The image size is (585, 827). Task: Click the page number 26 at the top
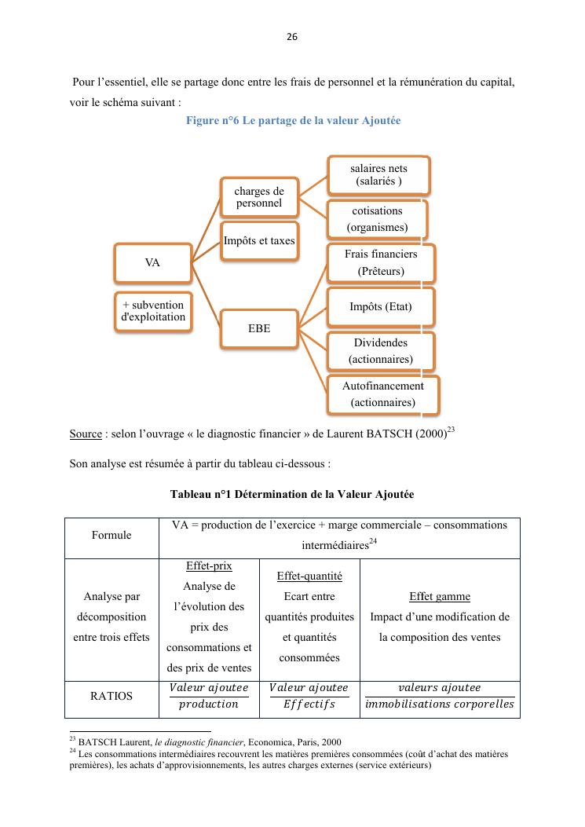[x=292, y=36]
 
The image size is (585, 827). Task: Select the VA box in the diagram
[x=152, y=263]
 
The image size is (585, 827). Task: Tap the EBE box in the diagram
[x=259, y=328]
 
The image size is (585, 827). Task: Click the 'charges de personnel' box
[x=259, y=196]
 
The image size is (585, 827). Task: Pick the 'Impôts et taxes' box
[x=259, y=241]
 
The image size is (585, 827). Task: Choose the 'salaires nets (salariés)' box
[x=378, y=175]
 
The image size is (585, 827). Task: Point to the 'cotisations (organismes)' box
[x=378, y=219]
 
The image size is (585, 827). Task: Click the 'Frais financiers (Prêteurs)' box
[x=381, y=263]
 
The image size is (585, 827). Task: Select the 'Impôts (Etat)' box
[x=381, y=307]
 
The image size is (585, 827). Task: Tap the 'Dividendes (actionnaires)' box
[x=381, y=351]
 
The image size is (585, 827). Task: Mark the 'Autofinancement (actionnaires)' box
[x=382, y=395]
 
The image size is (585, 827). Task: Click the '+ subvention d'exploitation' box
[x=152, y=311]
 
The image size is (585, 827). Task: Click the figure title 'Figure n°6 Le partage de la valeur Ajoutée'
[x=293, y=121]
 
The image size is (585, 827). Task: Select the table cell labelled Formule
[x=112, y=535]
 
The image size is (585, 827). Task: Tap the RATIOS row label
[x=111, y=696]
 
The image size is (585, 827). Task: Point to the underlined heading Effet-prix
[x=209, y=566]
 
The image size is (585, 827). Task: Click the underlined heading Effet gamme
[x=440, y=597]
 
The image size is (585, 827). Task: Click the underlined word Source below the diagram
[x=86, y=434]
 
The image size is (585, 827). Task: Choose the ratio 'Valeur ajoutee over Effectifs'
[x=309, y=696]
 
